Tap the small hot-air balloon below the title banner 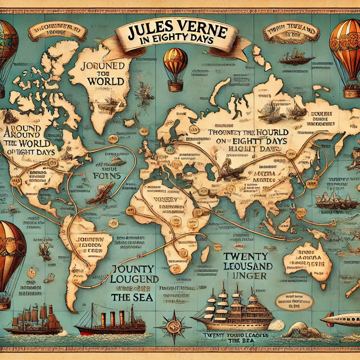click(x=175, y=69)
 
